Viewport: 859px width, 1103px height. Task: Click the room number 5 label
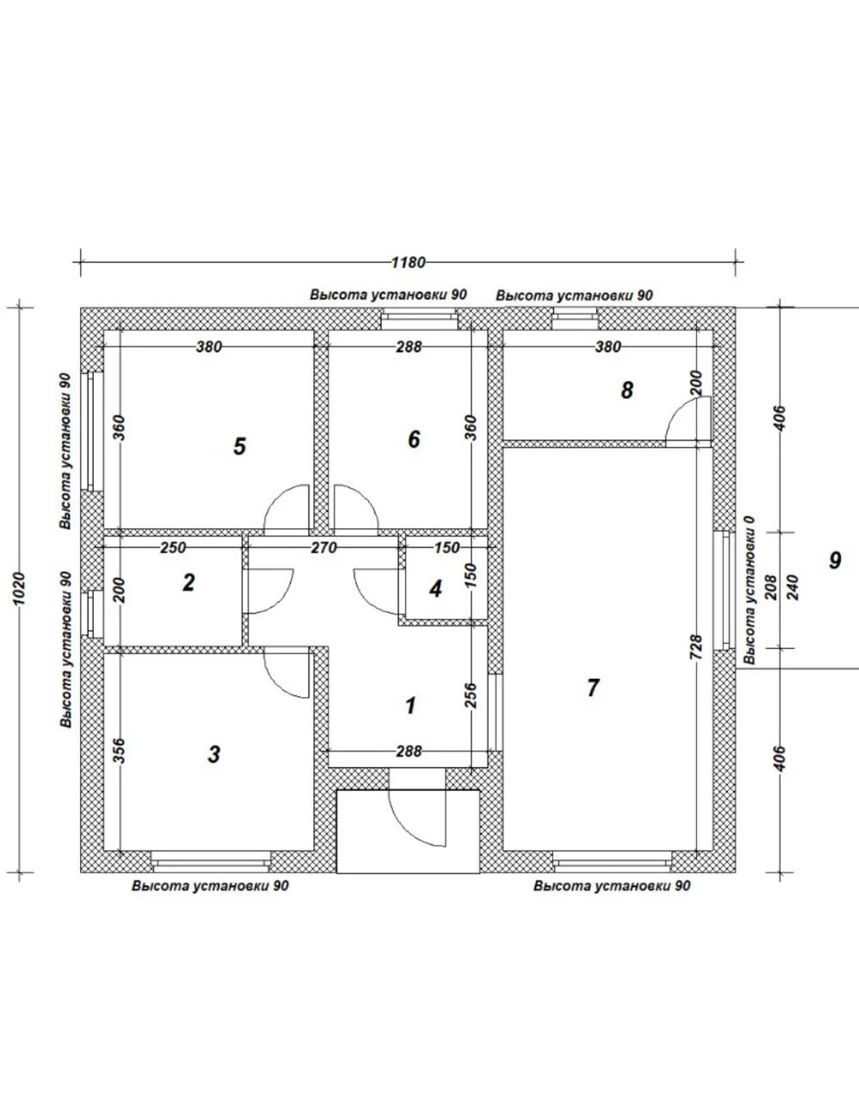(240, 446)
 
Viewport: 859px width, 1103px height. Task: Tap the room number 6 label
(414, 439)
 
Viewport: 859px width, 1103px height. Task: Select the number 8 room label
(627, 390)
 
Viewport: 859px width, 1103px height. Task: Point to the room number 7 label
(593, 689)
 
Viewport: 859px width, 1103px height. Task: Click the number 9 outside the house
(835, 560)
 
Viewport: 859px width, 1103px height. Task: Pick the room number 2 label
(189, 583)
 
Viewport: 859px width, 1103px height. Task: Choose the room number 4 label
(435, 589)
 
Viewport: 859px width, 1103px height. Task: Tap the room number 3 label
(215, 754)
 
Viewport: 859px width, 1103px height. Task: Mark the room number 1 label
(411, 706)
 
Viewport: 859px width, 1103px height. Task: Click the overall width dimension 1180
(408, 263)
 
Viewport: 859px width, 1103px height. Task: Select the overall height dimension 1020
(19, 589)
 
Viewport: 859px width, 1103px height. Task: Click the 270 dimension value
(324, 548)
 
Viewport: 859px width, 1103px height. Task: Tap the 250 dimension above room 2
(173, 548)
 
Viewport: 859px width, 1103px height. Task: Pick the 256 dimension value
(470, 695)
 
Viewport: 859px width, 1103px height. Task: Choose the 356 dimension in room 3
(119, 751)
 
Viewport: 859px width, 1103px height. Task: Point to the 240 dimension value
(793, 588)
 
